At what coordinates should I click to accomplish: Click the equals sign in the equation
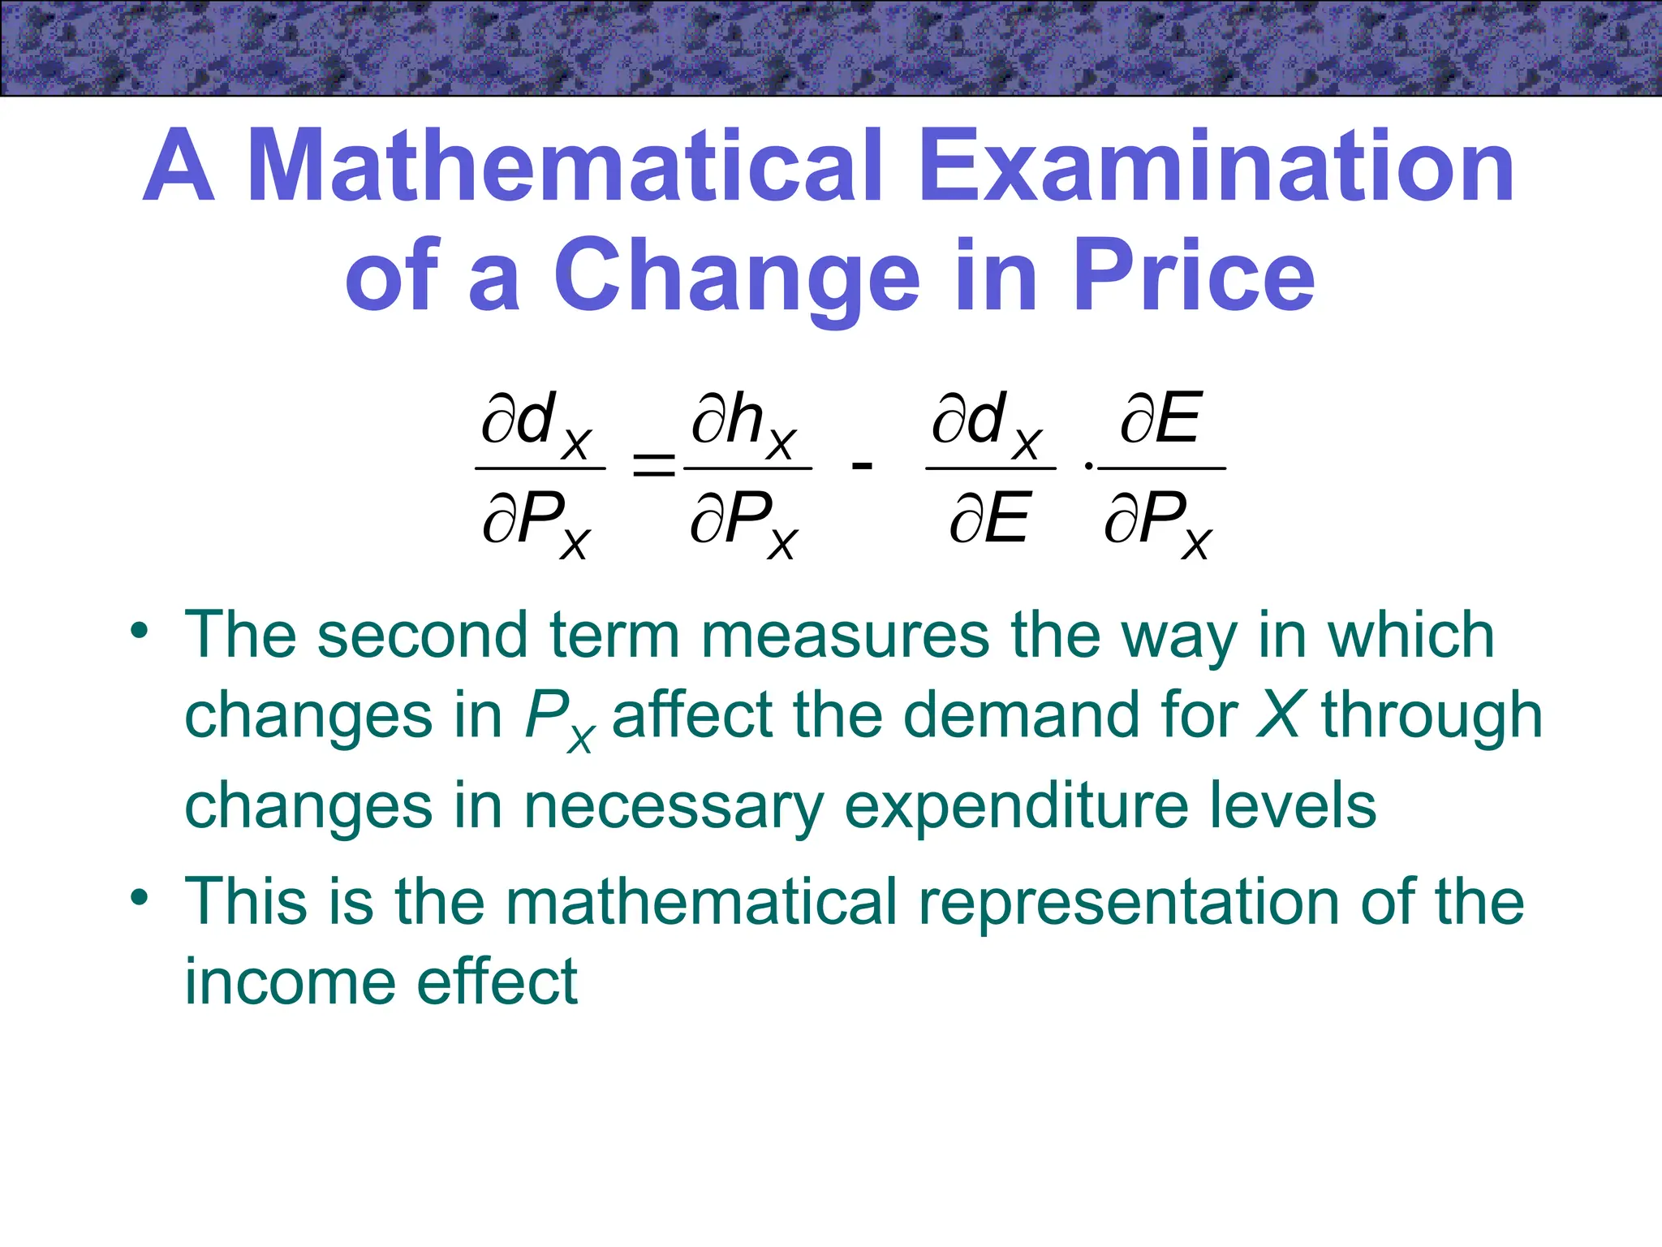coord(653,467)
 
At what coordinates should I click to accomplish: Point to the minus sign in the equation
coord(862,466)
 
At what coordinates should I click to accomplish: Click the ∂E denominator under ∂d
coord(989,518)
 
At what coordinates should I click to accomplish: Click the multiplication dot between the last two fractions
coord(1088,467)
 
